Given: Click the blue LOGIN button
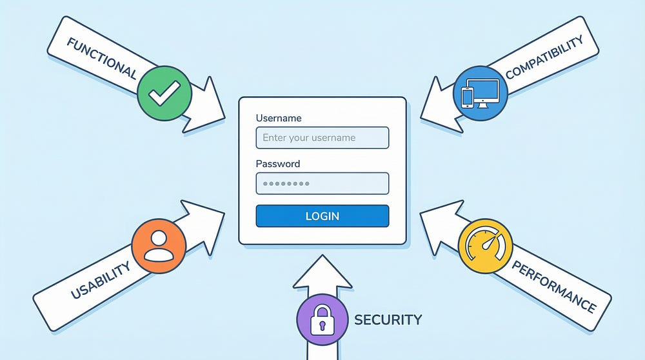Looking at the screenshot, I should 322,216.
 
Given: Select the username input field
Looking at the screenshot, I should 322,137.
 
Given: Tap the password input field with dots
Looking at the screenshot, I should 322,183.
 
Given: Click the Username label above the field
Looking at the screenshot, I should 279,118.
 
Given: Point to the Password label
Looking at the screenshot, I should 278,164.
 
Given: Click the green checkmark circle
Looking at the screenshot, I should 164,93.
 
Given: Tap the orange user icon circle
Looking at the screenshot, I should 159,246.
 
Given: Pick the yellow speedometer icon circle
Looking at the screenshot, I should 485,246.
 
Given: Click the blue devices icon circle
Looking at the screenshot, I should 481,93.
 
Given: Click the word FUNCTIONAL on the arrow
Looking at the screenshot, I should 102,57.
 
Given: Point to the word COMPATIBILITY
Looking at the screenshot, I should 544,57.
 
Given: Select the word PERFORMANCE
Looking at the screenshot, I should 553,286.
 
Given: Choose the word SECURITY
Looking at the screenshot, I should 388,319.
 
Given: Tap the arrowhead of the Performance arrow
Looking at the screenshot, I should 439,226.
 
